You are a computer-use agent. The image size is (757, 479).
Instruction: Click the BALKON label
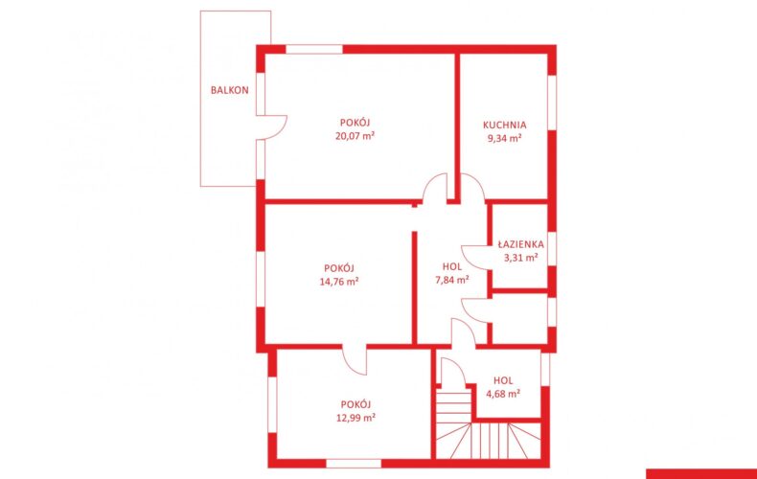230,90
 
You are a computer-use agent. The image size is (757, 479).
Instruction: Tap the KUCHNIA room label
504,125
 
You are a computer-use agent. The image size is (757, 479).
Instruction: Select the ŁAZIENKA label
521,244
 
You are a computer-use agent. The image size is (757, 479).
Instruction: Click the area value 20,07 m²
355,136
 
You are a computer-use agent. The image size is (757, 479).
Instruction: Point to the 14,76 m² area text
339,281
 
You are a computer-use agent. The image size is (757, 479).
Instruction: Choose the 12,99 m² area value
356,418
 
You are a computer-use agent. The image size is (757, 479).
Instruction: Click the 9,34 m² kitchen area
504,138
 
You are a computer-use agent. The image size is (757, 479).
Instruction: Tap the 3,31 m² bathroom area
521,258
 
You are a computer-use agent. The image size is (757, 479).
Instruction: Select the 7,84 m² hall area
452,280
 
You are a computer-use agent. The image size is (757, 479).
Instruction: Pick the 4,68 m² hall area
503,394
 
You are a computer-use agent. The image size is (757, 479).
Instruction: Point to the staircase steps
488,431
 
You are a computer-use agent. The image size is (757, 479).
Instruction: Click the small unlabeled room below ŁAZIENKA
519,319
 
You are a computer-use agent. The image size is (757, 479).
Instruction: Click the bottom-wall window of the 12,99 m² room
354,464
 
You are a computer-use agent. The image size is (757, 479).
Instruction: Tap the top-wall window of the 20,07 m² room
314,49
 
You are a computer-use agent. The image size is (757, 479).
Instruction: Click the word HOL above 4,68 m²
503,380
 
